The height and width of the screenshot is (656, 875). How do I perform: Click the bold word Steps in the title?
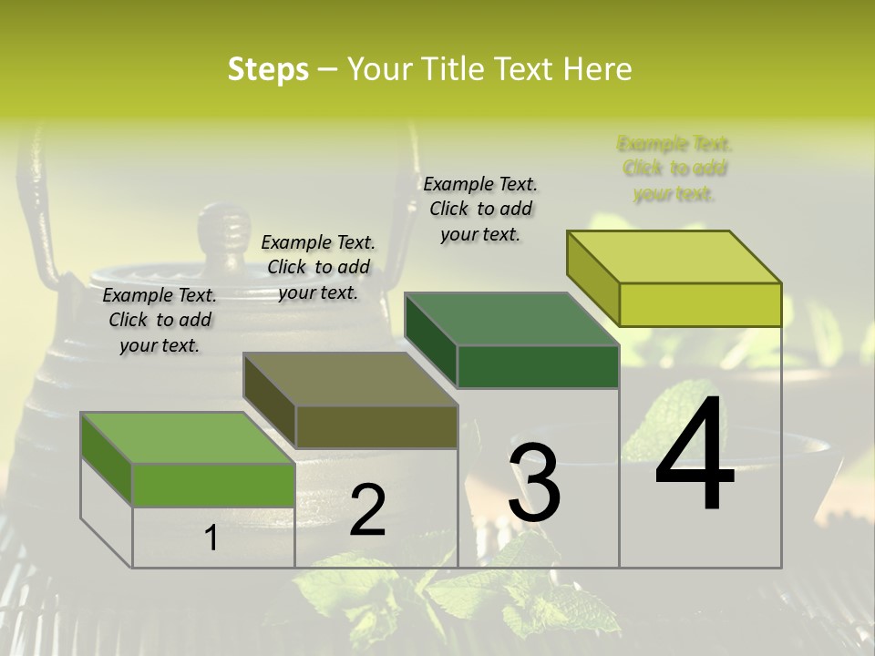coord(268,69)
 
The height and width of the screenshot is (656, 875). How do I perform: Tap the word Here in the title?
coord(598,69)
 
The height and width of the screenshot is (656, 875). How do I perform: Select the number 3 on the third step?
coord(534,483)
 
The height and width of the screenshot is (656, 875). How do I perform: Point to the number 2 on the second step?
coord(367,510)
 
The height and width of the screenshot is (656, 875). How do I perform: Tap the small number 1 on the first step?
coord(211,538)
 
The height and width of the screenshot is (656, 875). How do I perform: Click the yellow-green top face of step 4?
coord(674,257)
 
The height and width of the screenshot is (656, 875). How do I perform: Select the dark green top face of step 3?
coord(511,319)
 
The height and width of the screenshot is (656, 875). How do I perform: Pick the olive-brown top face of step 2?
coord(350,379)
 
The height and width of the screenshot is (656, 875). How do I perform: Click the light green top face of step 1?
coord(188,438)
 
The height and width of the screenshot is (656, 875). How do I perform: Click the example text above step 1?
coord(160,320)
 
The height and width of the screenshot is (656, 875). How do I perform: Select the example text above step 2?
coord(318,267)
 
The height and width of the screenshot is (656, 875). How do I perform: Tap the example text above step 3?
coord(480,209)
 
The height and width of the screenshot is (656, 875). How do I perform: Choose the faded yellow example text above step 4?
coord(674,169)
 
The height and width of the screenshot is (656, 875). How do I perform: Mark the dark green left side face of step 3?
coord(430,340)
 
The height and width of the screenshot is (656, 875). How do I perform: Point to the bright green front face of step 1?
coord(213,485)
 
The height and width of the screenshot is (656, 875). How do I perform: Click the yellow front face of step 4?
coord(700,304)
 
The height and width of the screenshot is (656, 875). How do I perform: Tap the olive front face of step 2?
coord(376,426)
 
